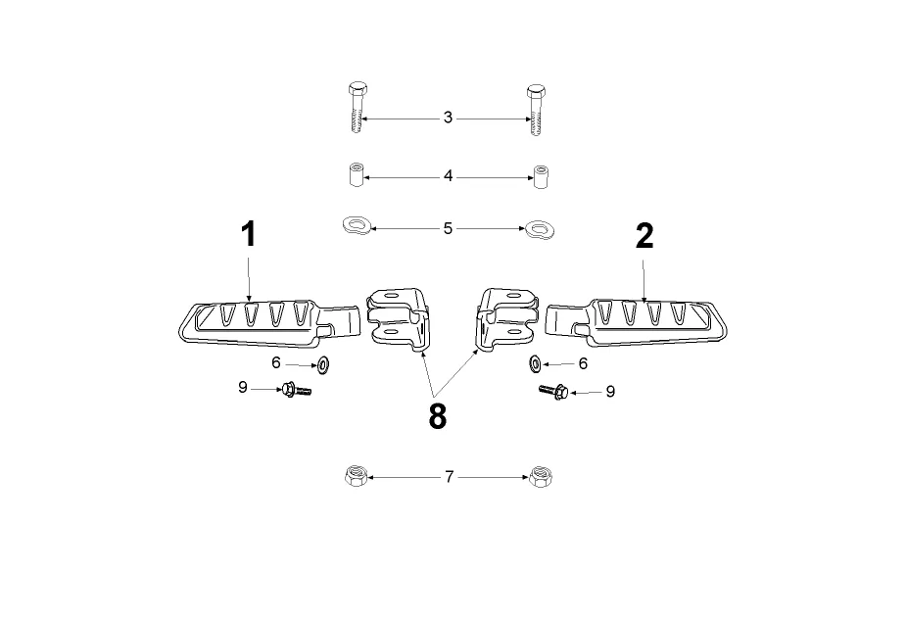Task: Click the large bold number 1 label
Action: (249, 234)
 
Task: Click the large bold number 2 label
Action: (644, 236)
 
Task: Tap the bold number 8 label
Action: (437, 416)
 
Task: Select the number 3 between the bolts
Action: (448, 118)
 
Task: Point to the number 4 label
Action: (448, 177)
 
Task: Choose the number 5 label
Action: (448, 229)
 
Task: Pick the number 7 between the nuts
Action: (449, 477)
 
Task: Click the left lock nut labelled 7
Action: (357, 478)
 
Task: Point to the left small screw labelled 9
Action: (296, 391)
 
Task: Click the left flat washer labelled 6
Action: (322, 365)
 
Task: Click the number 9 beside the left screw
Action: (243, 388)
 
